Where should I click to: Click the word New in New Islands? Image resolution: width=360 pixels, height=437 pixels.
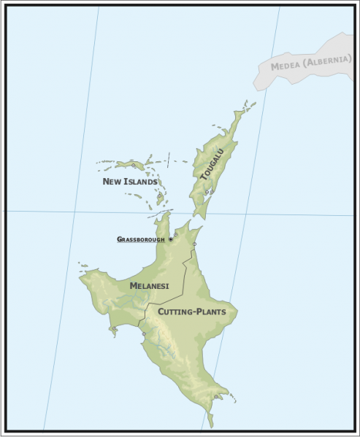pyautogui.click(x=112, y=182)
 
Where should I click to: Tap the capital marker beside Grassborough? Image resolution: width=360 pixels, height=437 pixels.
pyautogui.click(x=171, y=239)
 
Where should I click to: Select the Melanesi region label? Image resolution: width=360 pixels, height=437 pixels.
pyautogui.click(x=149, y=286)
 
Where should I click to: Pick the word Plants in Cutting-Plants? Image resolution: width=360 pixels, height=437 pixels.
pyautogui.click(x=212, y=312)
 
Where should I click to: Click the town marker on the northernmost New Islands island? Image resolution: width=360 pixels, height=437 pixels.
pyautogui.click(x=134, y=166)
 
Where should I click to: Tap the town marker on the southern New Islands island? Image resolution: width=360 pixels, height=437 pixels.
pyautogui.click(x=159, y=196)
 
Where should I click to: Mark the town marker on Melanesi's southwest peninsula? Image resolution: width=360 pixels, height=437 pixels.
pyautogui.click(x=115, y=329)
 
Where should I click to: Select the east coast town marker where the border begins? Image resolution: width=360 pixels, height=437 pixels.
pyautogui.click(x=195, y=244)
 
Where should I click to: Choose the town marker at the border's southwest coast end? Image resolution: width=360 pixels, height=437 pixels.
pyautogui.click(x=144, y=334)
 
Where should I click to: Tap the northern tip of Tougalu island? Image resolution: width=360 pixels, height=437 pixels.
pyautogui.click(x=241, y=112)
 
